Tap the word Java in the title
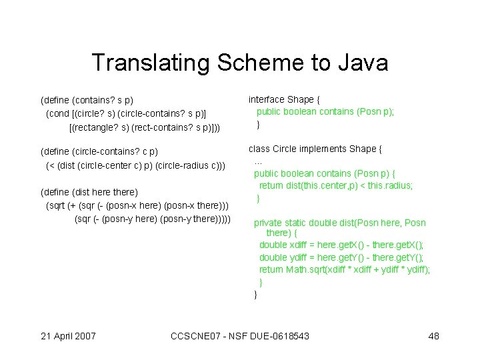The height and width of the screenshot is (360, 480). pyautogui.click(x=363, y=63)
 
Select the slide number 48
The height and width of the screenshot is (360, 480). pyautogui.click(x=433, y=336)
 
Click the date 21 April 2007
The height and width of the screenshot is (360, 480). pyautogui.click(x=68, y=336)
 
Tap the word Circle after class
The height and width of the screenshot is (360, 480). pyautogui.click(x=287, y=149)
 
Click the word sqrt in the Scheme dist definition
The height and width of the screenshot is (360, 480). pyautogui.click(x=57, y=205)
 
